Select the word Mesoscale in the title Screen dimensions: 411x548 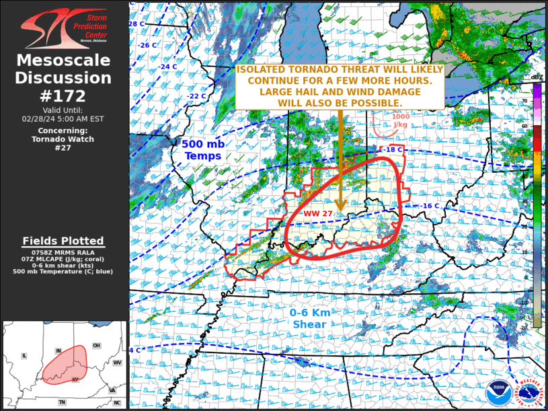[x=64, y=61]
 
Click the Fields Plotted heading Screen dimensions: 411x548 [x=63, y=241]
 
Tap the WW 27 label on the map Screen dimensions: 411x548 [x=319, y=213]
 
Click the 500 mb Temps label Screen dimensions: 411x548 [x=202, y=150]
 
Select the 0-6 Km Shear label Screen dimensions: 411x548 [x=309, y=319]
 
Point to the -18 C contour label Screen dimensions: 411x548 [x=393, y=149]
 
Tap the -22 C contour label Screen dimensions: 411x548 [x=196, y=96]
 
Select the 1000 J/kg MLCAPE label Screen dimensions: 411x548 [x=400, y=120]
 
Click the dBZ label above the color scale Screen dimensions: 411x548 [x=537, y=78]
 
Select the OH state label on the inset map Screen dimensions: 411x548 [x=96, y=346]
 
